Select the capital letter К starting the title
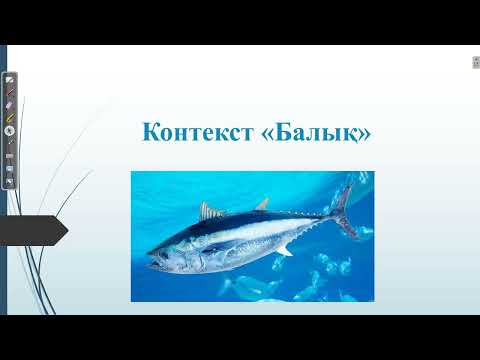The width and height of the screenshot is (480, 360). (151, 132)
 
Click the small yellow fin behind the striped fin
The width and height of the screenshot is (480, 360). (262, 205)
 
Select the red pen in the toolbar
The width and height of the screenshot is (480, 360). (10, 91)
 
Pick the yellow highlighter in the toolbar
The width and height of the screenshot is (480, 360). (10, 117)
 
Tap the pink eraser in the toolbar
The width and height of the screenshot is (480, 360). (10, 104)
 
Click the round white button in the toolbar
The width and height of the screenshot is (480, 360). (10, 130)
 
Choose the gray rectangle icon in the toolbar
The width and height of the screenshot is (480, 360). (10, 156)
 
